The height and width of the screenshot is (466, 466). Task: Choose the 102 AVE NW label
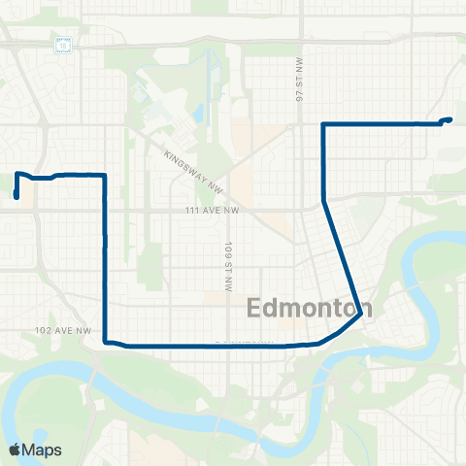(x=61, y=331)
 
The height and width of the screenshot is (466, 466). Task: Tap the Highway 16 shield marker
(x=63, y=45)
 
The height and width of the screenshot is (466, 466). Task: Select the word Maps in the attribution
(x=43, y=449)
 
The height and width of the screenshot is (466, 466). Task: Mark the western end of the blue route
(x=17, y=197)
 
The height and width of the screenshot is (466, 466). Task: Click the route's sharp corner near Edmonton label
(x=361, y=313)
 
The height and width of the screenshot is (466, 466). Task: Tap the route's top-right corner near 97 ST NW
(x=323, y=124)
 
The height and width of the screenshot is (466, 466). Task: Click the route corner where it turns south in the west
(x=104, y=176)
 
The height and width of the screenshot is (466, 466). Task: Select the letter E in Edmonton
(x=255, y=308)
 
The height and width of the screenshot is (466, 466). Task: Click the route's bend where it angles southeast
(x=323, y=201)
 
